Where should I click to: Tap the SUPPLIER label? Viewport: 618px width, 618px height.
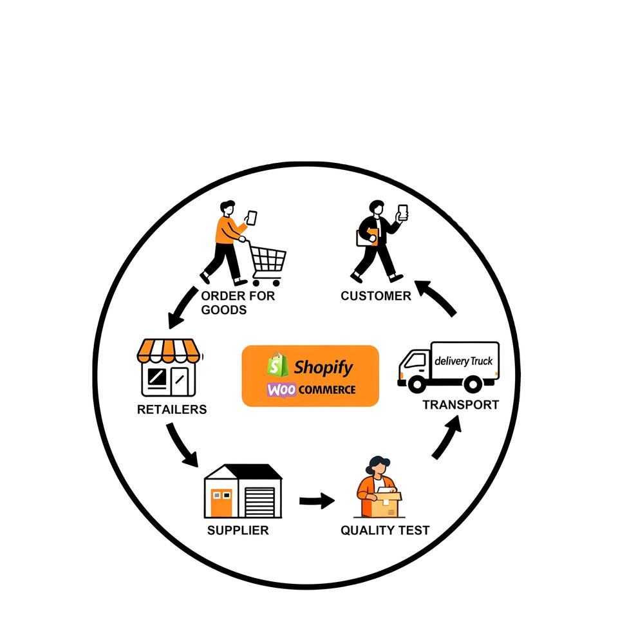(x=238, y=530)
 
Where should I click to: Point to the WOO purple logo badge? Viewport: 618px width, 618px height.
(x=282, y=389)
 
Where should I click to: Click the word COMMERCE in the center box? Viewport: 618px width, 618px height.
(x=327, y=389)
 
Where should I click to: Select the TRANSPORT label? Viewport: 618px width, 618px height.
(x=460, y=405)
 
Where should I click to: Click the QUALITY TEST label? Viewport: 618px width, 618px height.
(x=385, y=530)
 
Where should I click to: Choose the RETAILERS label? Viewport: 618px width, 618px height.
(x=172, y=409)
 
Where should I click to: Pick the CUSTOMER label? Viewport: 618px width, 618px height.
(x=376, y=296)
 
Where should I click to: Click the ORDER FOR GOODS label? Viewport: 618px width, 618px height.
(x=237, y=303)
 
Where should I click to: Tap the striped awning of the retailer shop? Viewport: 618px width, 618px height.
(x=169, y=351)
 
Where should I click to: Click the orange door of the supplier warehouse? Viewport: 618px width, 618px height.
(x=221, y=502)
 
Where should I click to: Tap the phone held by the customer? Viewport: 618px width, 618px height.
(x=403, y=212)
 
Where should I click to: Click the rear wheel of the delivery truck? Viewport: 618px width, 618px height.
(x=473, y=384)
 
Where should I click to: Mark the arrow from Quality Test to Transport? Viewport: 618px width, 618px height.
(x=448, y=437)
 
